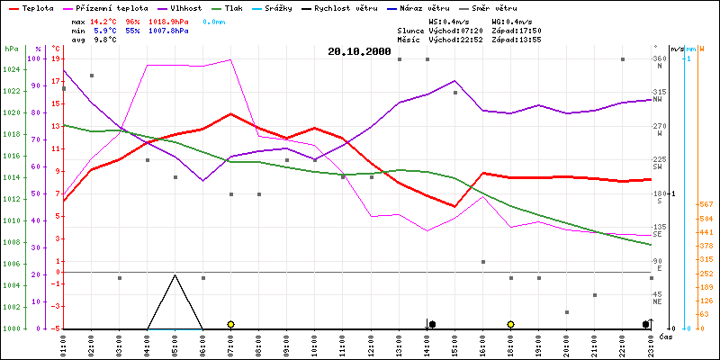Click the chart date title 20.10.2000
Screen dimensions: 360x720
point(360,52)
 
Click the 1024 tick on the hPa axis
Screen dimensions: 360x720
point(12,92)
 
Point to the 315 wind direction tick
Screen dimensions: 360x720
point(659,92)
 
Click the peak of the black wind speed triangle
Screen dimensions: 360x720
point(175,275)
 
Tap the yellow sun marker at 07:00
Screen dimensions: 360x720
point(231,324)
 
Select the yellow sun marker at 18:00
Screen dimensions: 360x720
point(511,324)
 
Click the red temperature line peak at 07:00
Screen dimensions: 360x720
point(231,114)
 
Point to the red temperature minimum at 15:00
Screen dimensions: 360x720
point(455,206)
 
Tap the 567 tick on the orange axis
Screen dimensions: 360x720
point(706,204)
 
